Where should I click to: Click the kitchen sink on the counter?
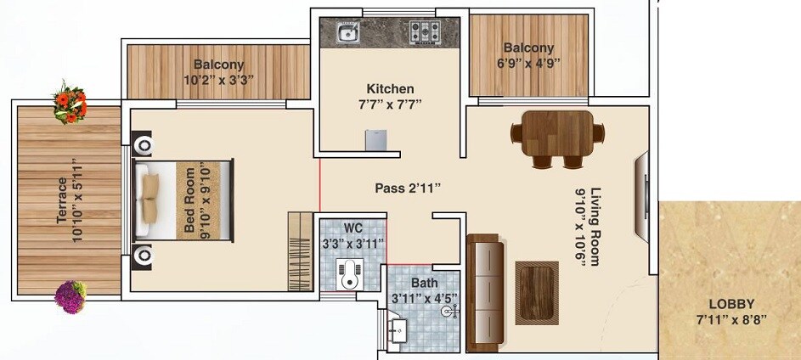[x=347, y=34]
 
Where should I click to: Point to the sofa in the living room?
[x=485, y=289]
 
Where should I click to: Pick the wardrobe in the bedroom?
[x=300, y=250]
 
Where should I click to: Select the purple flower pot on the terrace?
[x=70, y=295]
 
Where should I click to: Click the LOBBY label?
[x=730, y=304]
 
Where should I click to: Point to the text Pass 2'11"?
[x=409, y=188]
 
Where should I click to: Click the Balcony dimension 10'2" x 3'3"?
[x=218, y=80]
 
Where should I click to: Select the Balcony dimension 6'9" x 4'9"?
[x=527, y=63]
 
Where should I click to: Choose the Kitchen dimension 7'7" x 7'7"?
[x=390, y=104]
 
